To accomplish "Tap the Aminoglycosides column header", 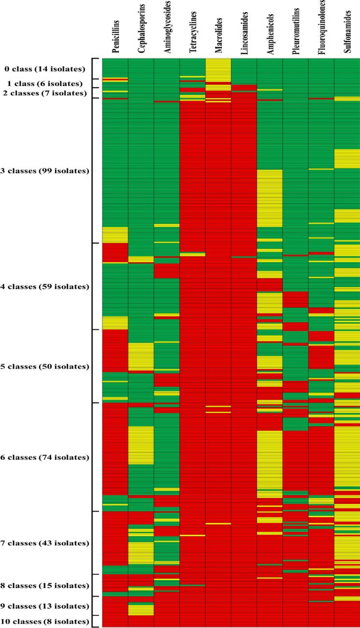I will click(x=167, y=29).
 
